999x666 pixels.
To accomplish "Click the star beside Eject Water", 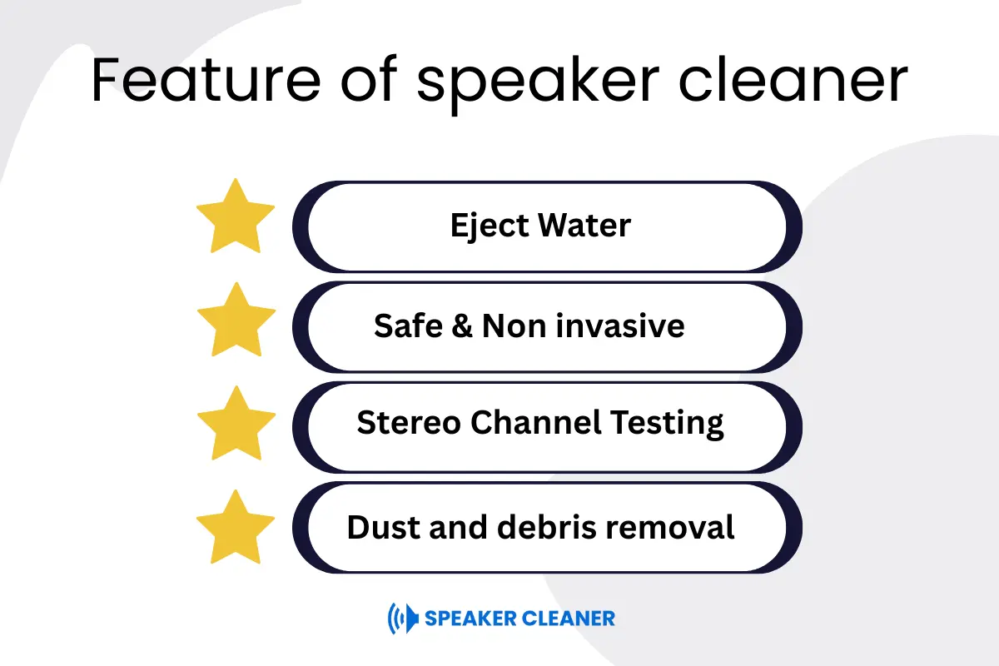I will (236, 217).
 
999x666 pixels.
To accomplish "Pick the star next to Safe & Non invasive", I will (236, 321).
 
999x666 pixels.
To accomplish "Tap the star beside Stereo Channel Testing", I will (236, 425).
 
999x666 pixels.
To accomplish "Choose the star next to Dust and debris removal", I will (236, 529).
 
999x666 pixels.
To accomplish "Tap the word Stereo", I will (408, 424).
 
